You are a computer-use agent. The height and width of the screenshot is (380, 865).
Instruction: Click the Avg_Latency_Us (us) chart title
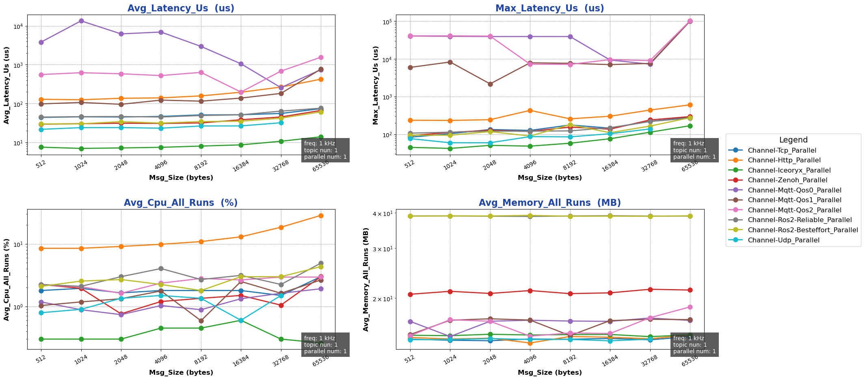click(181, 8)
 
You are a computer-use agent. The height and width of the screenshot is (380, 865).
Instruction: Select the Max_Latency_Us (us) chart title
click(549, 8)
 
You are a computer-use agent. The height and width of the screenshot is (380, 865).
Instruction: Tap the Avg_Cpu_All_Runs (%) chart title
click(181, 203)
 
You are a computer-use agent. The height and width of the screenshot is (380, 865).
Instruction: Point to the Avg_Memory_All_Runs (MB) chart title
click(549, 203)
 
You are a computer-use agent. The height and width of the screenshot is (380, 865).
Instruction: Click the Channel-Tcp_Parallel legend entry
click(776, 151)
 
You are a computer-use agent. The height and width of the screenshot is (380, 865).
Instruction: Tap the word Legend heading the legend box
click(793, 140)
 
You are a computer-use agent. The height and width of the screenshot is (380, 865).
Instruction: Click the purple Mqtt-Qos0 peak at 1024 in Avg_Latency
click(81, 21)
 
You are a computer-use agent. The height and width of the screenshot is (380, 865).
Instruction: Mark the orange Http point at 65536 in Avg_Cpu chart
click(321, 216)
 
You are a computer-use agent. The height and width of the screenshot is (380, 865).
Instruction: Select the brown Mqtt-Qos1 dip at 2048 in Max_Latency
click(490, 84)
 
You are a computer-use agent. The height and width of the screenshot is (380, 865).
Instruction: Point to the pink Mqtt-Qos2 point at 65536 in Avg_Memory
click(690, 307)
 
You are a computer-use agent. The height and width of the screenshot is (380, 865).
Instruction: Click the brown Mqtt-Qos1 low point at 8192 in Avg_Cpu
click(201, 321)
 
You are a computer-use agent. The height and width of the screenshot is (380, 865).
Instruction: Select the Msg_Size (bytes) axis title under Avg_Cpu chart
click(181, 372)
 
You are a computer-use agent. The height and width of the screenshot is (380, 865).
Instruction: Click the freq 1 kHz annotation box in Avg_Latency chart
click(325, 150)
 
